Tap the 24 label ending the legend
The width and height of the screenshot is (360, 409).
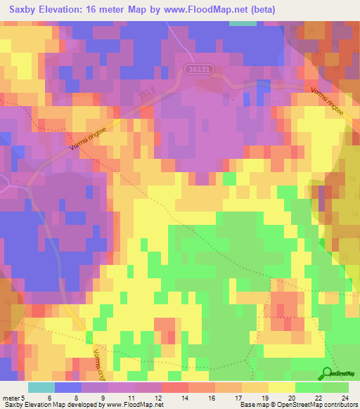pyautogui.click(x=345, y=398)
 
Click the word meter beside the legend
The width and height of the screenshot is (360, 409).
pyautogui.click(x=11, y=398)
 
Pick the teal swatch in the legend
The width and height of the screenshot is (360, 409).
pyautogui.click(x=41, y=387)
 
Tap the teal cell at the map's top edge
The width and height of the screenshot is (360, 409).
pyautogui.click(x=243, y=22)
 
